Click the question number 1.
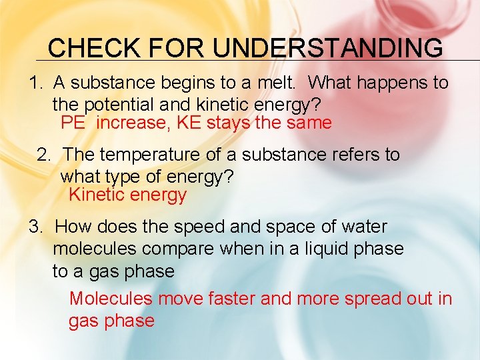tap(35, 83)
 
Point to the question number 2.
tap(43, 155)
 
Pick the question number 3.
tap(35, 227)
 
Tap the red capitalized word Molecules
tap(111, 299)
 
